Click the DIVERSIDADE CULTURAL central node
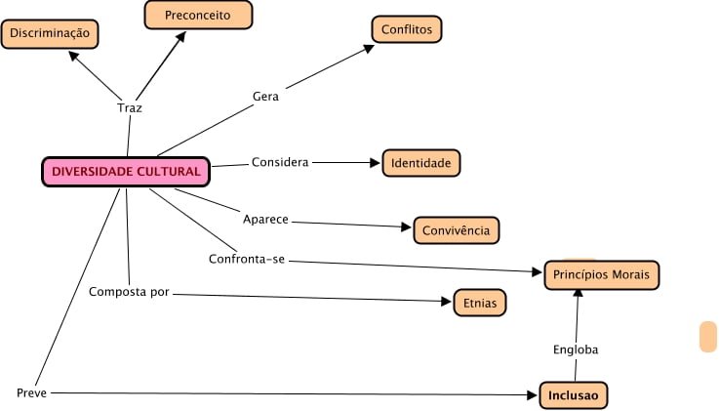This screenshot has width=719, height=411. [126, 172]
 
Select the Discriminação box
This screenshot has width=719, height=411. [50, 34]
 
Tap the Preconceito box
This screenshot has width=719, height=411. [198, 15]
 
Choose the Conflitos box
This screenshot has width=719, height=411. [407, 29]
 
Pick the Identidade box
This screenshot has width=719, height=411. [420, 163]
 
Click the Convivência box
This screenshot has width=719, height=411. [457, 230]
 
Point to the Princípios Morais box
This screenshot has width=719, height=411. [602, 274]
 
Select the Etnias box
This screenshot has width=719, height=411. [480, 304]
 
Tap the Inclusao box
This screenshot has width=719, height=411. [574, 395]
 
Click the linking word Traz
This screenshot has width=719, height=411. [129, 108]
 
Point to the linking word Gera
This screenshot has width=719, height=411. [265, 97]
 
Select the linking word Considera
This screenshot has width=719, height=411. [280, 162]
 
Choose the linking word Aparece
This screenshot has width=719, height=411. [265, 220]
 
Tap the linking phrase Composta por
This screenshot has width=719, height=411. [129, 292]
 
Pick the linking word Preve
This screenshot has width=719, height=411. [31, 392]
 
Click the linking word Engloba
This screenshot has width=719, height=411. [575, 349]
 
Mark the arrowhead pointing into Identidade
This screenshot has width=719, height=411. [375, 163]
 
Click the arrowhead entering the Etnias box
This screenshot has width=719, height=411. [447, 302]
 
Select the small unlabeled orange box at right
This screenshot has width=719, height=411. [708, 336]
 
